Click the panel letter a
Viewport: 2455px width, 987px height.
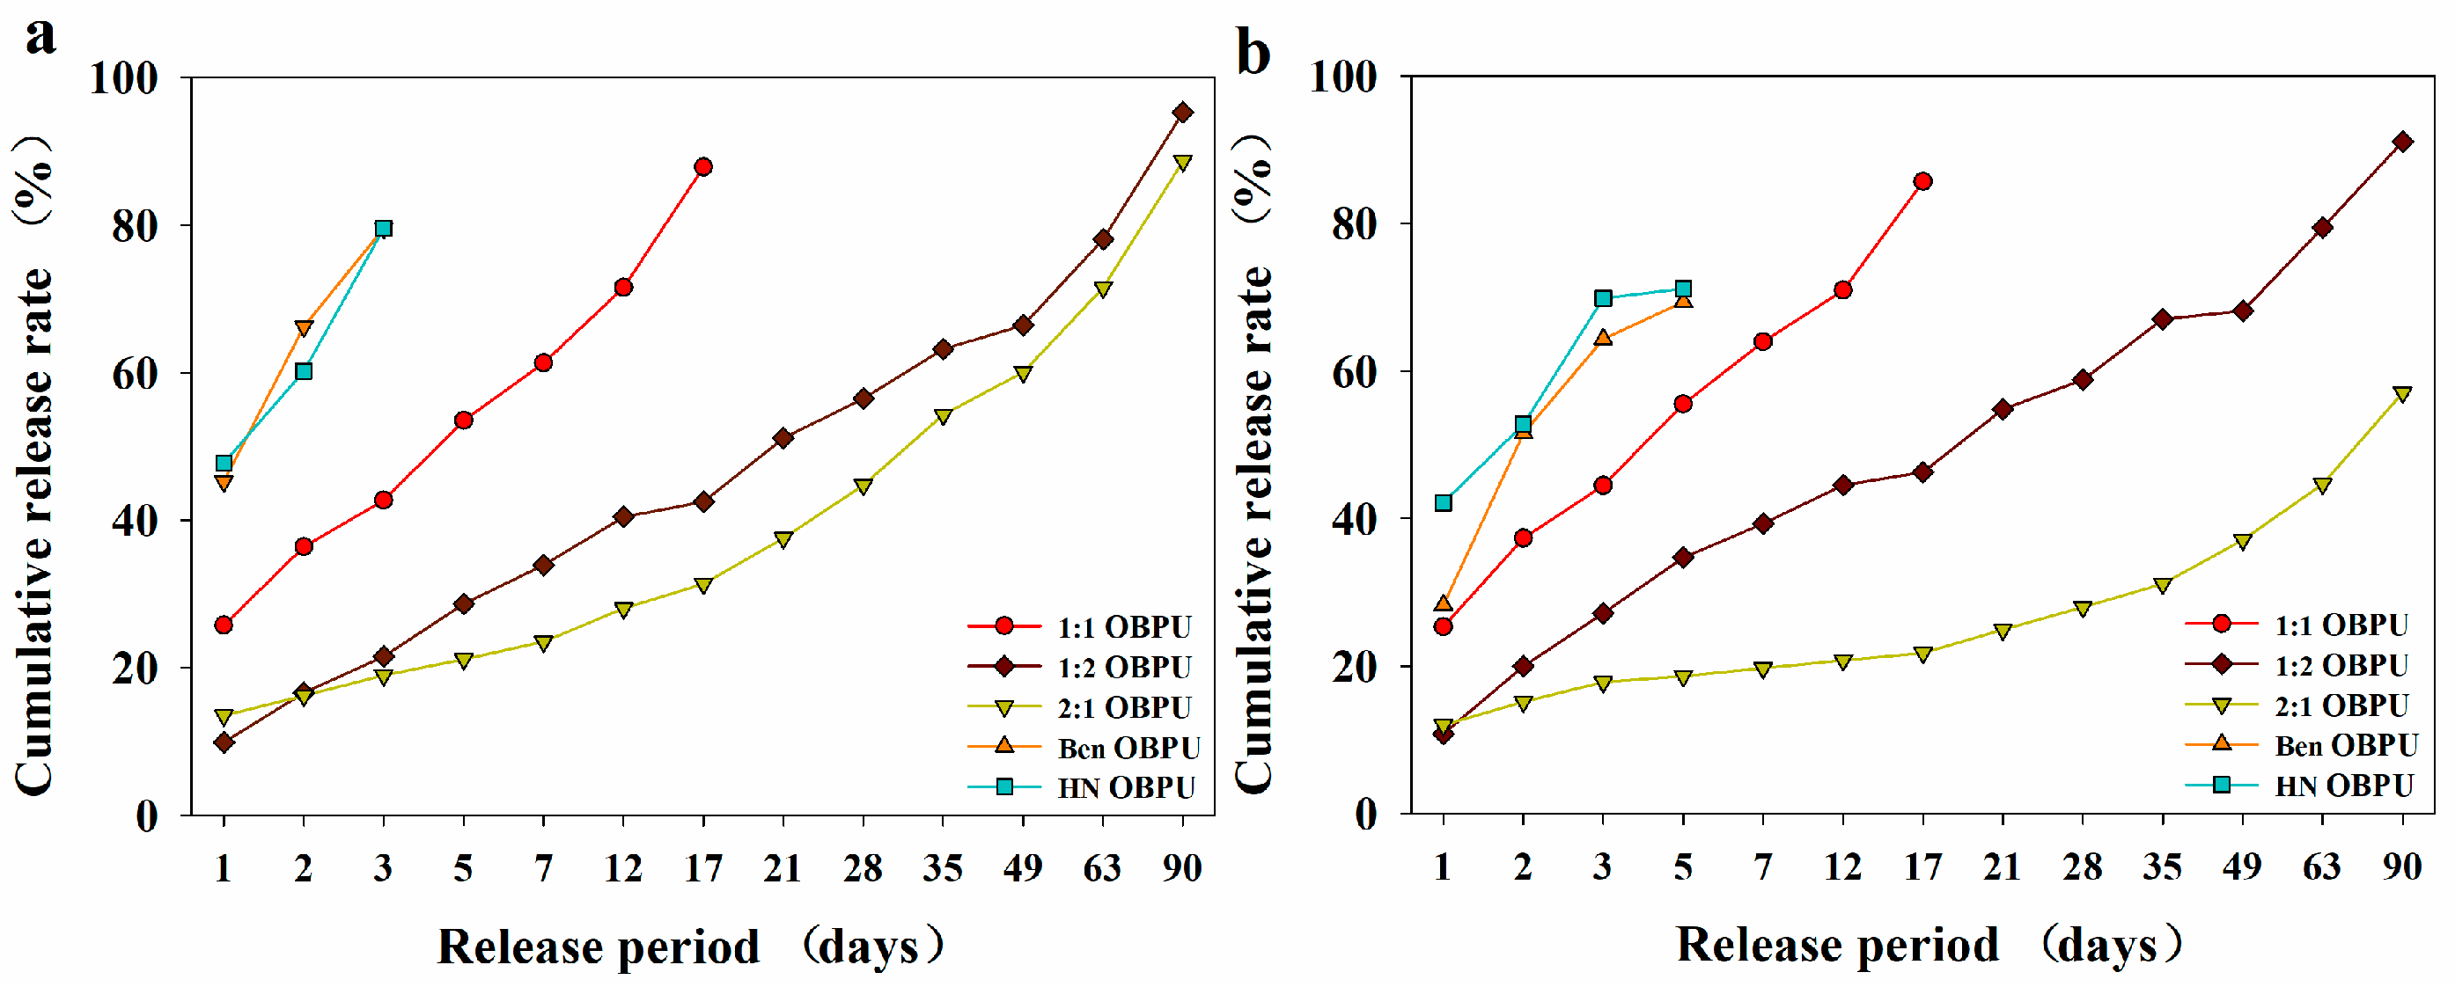pos(40,37)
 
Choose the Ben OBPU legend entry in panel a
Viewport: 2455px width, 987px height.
pos(1084,748)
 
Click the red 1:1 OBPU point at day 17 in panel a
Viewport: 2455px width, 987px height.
pos(703,167)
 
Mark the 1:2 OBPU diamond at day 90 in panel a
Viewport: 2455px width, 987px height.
pos(1183,113)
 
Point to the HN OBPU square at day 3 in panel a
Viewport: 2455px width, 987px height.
pos(383,229)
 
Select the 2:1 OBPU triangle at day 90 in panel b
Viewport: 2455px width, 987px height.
pos(2402,394)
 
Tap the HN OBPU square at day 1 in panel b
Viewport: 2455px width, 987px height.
pos(1443,503)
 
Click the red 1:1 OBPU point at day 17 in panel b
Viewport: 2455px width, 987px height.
pos(1923,181)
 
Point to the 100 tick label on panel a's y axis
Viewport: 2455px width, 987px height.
pos(124,77)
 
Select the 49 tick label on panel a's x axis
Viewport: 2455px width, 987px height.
pos(1023,868)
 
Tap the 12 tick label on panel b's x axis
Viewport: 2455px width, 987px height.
pos(1842,867)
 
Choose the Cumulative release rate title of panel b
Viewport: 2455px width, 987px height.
pos(1254,461)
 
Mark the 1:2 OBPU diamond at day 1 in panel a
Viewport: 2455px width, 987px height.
pos(224,742)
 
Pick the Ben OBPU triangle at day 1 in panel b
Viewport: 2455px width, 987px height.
pos(1443,603)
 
